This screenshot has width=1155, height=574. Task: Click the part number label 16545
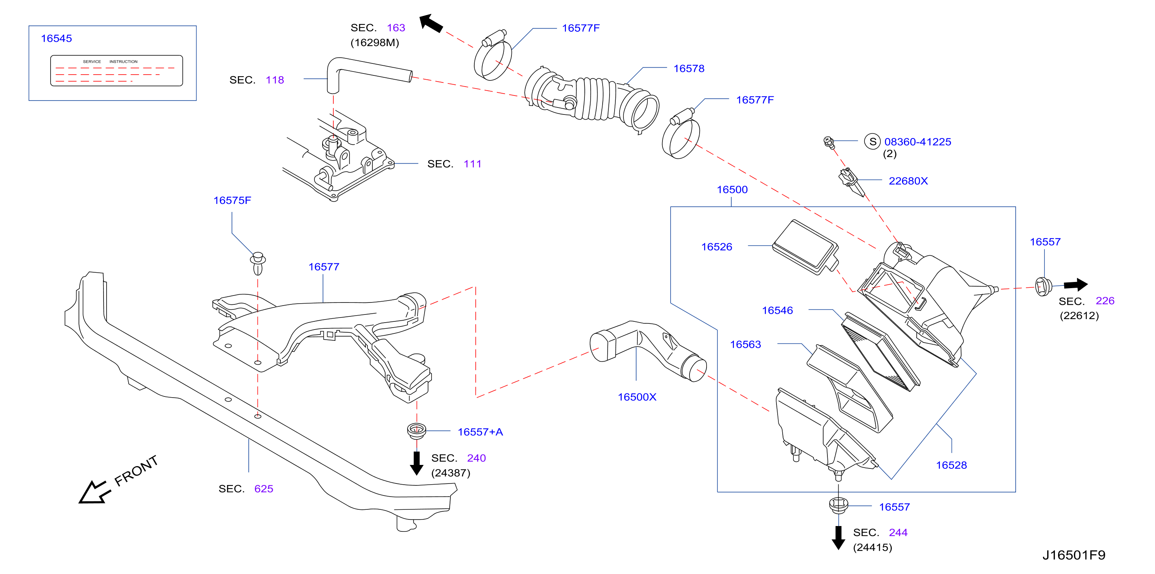56,39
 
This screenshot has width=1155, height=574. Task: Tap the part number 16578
689,69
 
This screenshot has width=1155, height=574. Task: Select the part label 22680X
908,181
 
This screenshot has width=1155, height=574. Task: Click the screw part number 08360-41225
917,142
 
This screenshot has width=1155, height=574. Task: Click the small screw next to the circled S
829,142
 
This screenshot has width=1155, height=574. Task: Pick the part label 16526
717,247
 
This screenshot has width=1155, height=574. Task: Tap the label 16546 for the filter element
778,311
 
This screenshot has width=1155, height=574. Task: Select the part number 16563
745,345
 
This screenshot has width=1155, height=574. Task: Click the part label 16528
951,465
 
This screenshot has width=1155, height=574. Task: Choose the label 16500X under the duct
637,397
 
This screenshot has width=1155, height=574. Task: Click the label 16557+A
480,432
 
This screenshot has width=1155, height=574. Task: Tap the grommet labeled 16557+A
416,431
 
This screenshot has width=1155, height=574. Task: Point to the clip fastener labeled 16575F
258,263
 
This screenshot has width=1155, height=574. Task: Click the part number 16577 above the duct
324,267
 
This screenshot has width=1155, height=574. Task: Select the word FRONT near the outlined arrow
136,470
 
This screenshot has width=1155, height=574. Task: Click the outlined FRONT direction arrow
94,492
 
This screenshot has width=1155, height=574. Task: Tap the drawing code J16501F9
1073,555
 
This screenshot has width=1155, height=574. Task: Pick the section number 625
263,489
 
